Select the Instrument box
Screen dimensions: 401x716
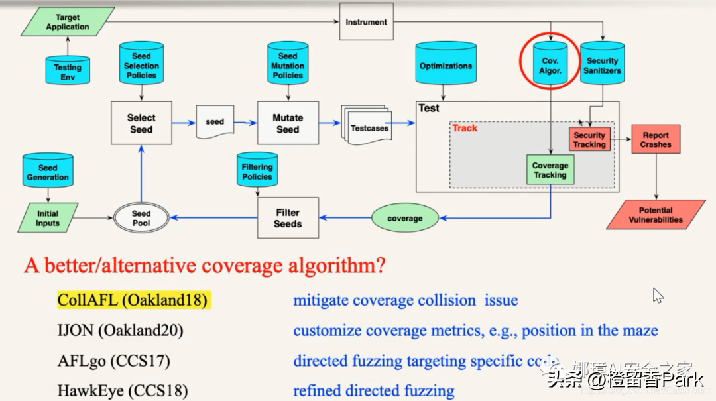point(366,22)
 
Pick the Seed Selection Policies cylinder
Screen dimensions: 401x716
point(141,66)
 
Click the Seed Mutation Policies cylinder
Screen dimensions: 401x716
point(288,66)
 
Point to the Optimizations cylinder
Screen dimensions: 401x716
point(446,66)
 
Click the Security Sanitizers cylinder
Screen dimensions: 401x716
point(603,65)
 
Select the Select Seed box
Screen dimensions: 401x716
point(141,124)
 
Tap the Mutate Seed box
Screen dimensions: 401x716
point(288,124)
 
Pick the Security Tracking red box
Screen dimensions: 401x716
point(589,139)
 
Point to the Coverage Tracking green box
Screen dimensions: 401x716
point(550,170)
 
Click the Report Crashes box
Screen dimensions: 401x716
point(656,139)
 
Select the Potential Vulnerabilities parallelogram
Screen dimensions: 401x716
point(656,215)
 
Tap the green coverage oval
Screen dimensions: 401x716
point(404,218)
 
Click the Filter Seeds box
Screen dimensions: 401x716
point(288,218)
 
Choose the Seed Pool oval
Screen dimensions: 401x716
point(141,218)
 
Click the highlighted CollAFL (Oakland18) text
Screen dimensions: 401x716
point(133,300)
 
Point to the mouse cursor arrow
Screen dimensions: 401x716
point(657,295)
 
